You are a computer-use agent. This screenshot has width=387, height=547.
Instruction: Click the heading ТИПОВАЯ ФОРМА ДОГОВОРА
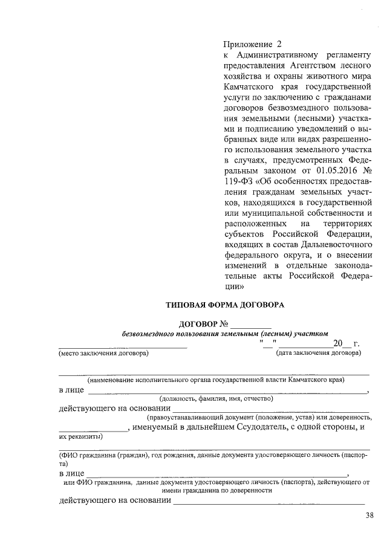pyautogui.click(x=224, y=305)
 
